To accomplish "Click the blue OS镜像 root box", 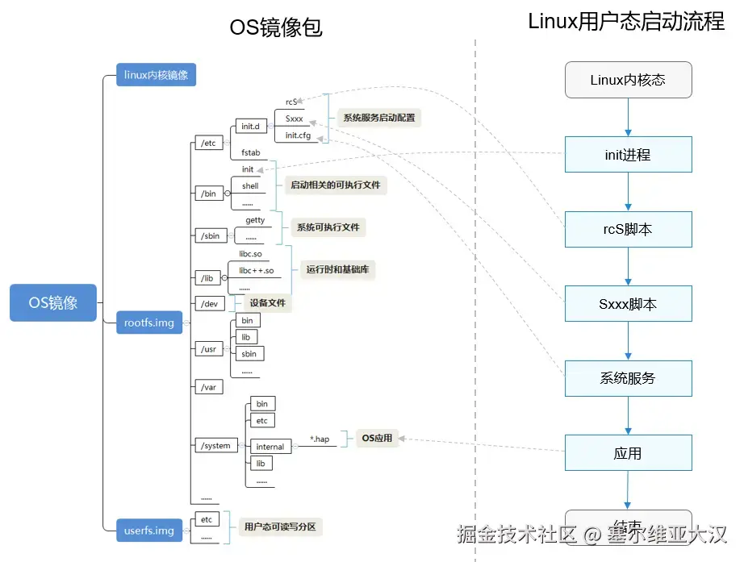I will pyautogui.click(x=53, y=302).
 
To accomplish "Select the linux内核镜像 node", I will pyautogui.click(x=156, y=75).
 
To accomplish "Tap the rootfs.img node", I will pyautogui.click(x=149, y=323).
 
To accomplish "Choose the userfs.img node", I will pyautogui.click(x=149, y=530).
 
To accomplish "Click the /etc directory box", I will pyautogui.click(x=208, y=144).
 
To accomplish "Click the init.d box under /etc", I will pyautogui.click(x=250, y=127).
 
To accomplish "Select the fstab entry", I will pyautogui.click(x=251, y=152).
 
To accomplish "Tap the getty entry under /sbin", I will pyautogui.click(x=255, y=219).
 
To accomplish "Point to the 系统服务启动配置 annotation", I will pyautogui.click(x=378, y=118).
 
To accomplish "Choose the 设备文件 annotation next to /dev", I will pyautogui.click(x=267, y=303).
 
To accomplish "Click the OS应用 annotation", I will pyautogui.click(x=376, y=438).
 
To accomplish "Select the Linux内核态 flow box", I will pyautogui.click(x=628, y=80).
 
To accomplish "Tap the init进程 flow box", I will pyautogui.click(x=628, y=155).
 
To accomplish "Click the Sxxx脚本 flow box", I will pyautogui.click(x=628, y=304).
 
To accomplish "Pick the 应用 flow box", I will pyautogui.click(x=628, y=453).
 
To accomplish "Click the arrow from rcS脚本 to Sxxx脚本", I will pyautogui.click(x=628, y=266).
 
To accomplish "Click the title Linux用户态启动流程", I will pyautogui.click(x=626, y=22).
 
